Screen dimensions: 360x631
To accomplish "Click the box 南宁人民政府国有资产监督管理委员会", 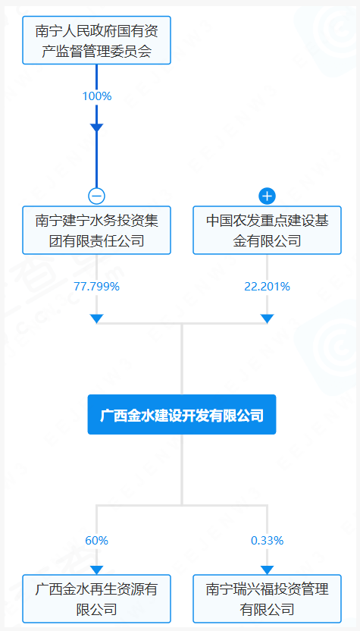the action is (x=96, y=40).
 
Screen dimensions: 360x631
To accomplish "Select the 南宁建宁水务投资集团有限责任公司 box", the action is (x=96, y=231).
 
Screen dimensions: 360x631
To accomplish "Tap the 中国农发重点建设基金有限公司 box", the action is (x=267, y=231).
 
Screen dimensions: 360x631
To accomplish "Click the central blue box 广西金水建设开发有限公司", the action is (x=182, y=415).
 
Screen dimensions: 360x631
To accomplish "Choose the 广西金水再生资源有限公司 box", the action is (x=96, y=599).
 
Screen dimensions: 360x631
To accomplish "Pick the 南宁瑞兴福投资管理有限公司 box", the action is (x=267, y=599).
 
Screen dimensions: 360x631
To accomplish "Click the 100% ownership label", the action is (x=96, y=96).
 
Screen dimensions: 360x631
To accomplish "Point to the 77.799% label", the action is (x=96, y=287).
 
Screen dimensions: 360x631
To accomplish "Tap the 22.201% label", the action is (x=267, y=287).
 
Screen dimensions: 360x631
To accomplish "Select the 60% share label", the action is (x=96, y=541).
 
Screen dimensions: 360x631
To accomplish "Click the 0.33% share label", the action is (x=267, y=541).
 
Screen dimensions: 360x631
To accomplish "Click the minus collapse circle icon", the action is (x=96, y=196).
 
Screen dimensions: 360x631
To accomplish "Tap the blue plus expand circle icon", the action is (x=267, y=196).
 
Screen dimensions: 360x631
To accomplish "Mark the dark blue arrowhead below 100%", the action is (x=96, y=127).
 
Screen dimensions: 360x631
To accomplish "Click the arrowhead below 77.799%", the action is (x=96, y=319).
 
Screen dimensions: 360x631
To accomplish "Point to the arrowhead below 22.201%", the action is (x=267, y=319).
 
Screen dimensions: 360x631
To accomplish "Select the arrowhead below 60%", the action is (x=96, y=570).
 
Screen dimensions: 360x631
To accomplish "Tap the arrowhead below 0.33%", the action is (x=267, y=570).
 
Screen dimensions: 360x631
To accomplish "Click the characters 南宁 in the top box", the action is (x=49, y=31).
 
